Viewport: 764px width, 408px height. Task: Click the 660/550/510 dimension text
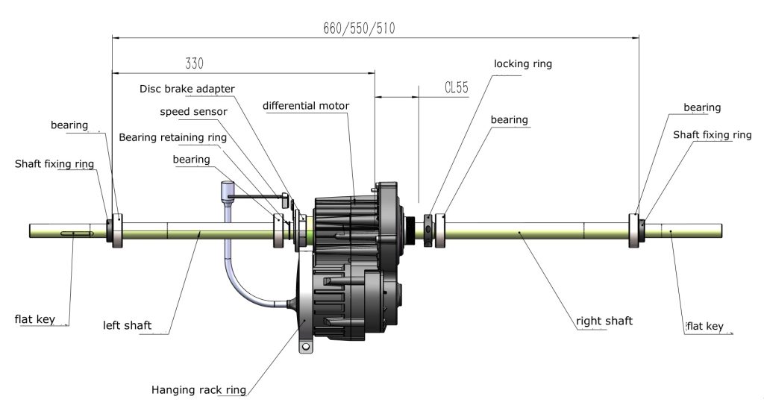[x=359, y=29]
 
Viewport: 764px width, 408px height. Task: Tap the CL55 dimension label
[x=456, y=87]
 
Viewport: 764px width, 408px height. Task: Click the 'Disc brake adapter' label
[x=187, y=89]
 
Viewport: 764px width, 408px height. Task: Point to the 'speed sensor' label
[x=193, y=112]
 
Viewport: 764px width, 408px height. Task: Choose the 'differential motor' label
[x=307, y=105]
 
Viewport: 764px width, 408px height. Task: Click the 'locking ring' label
[x=522, y=64]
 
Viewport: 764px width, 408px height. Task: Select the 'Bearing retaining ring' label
[x=172, y=137]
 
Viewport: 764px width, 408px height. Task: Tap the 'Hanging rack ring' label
[x=198, y=389]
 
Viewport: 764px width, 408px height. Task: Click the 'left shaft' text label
[x=128, y=325]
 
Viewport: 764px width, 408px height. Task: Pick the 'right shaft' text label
[x=604, y=321]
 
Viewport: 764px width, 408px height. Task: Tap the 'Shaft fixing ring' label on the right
[x=712, y=135]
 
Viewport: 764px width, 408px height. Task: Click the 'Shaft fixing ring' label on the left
[x=55, y=163]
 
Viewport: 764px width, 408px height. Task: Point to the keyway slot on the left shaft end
[x=73, y=235]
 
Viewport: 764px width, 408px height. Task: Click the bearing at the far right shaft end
[x=634, y=231]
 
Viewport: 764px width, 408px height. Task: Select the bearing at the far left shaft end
[x=117, y=231]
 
